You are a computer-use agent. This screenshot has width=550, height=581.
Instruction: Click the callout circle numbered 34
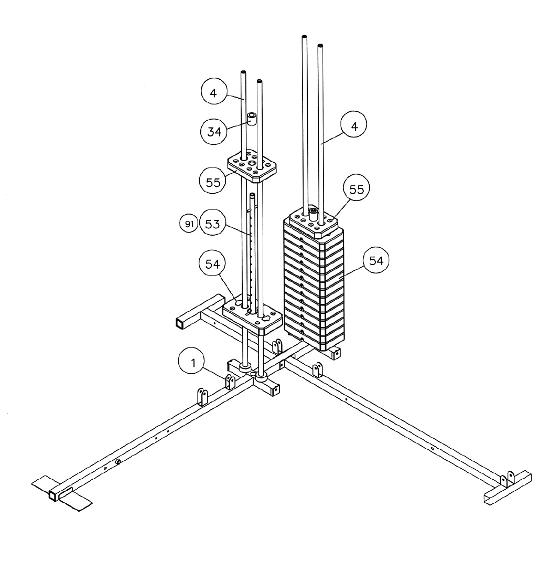click(x=214, y=131)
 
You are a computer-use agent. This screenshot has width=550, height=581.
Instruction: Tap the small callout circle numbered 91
click(x=189, y=224)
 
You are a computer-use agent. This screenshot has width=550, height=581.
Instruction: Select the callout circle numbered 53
click(x=212, y=224)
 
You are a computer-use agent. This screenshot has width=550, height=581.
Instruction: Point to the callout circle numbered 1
click(x=192, y=363)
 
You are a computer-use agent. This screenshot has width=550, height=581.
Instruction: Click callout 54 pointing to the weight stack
click(x=376, y=261)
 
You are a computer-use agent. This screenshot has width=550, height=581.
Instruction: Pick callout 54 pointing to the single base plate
click(x=212, y=264)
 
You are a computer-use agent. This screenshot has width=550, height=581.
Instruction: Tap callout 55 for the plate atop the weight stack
click(x=357, y=189)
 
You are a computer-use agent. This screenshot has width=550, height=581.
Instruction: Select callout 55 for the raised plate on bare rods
click(x=213, y=182)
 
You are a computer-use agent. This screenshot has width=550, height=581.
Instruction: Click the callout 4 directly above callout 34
click(x=213, y=92)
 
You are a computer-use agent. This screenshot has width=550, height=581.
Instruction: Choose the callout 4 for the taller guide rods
click(x=354, y=126)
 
